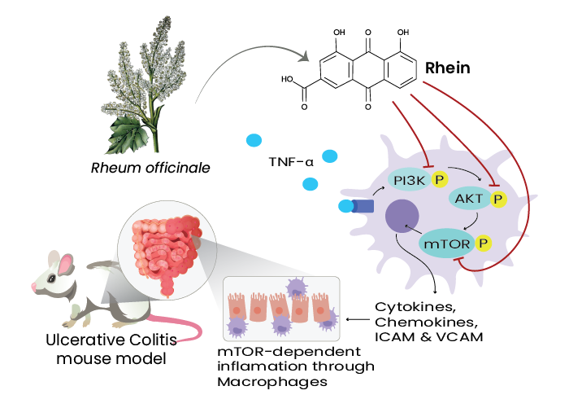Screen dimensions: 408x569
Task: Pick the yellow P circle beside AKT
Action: point(497,197)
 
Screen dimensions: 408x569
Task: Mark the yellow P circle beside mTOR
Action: point(483,243)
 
